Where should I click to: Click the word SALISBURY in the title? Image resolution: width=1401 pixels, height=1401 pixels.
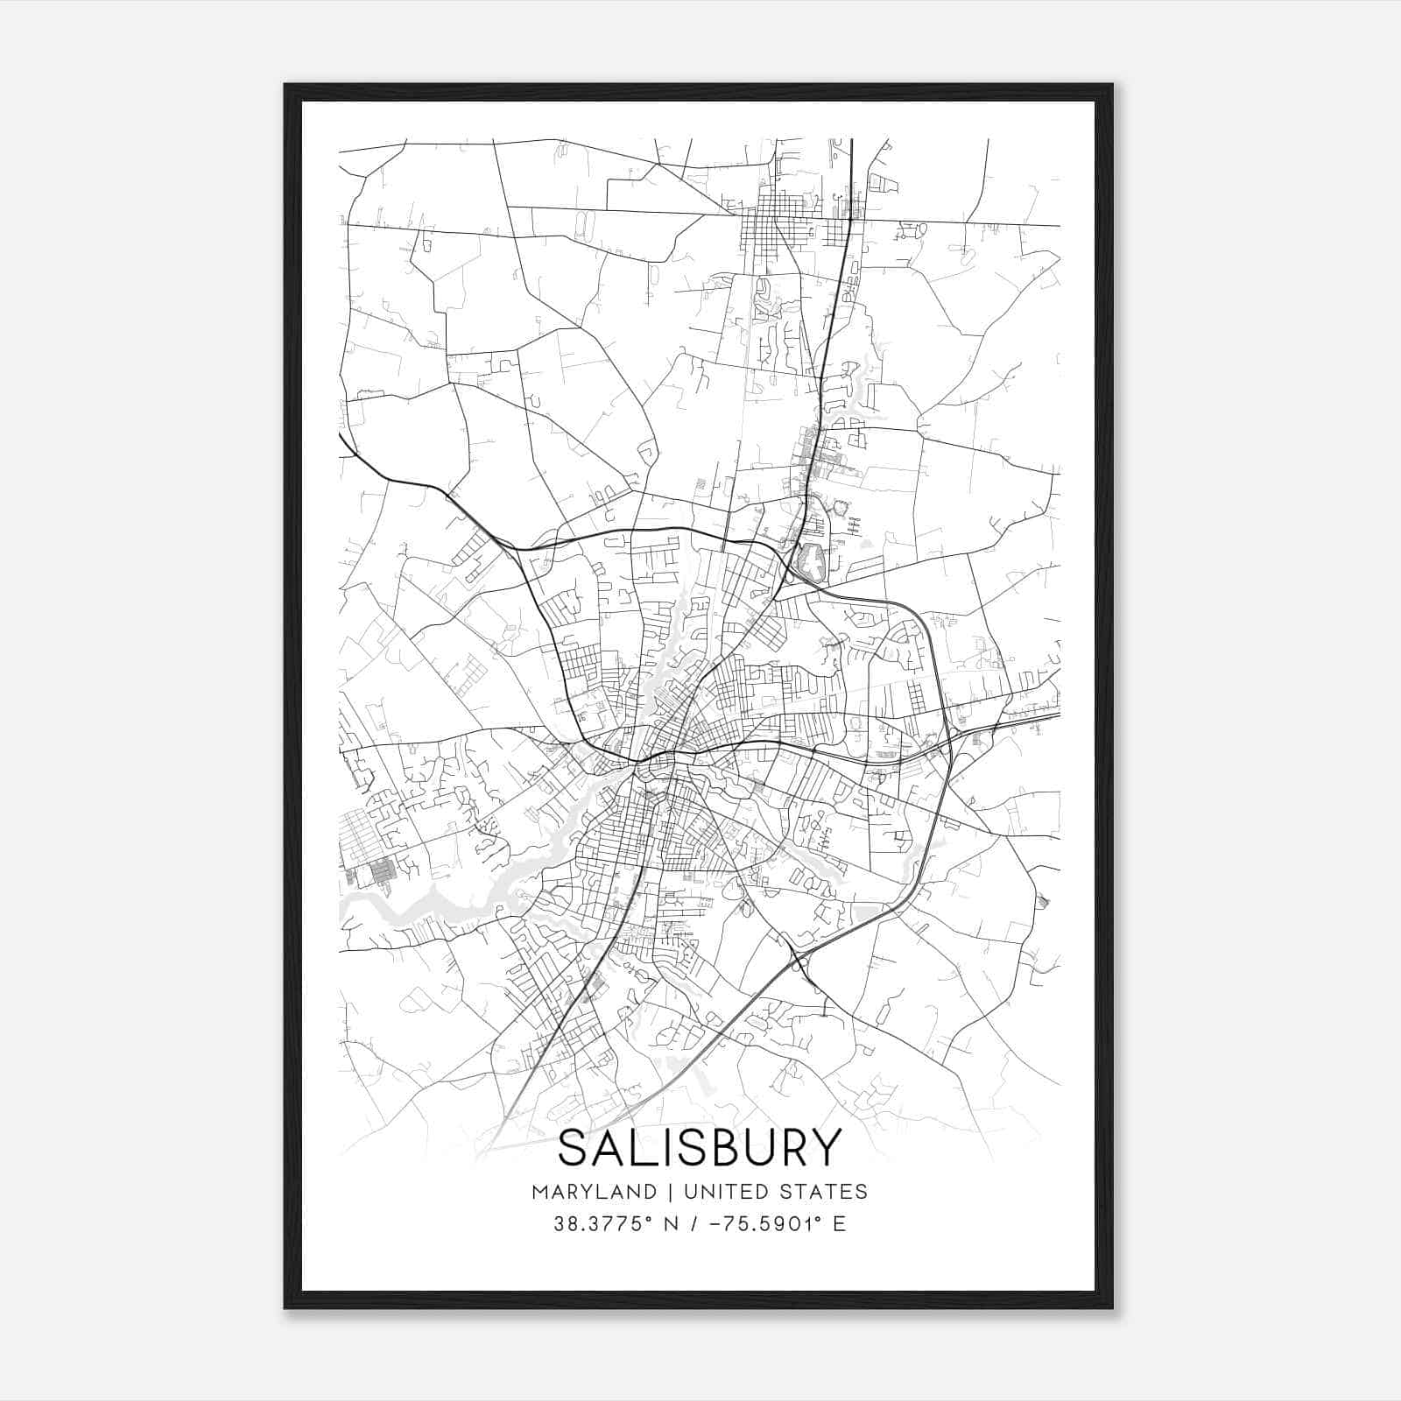(700, 1148)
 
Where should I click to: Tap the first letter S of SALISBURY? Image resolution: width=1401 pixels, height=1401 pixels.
(574, 1148)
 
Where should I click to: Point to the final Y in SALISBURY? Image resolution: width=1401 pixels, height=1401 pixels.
(827, 1148)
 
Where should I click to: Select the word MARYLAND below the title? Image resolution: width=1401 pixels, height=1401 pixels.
(594, 1191)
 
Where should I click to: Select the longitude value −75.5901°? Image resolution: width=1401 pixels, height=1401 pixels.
(760, 1224)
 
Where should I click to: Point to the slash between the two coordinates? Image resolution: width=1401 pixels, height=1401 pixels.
(693, 1224)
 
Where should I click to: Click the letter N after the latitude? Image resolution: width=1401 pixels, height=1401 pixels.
(672, 1224)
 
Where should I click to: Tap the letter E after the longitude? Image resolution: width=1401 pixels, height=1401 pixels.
(839, 1224)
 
